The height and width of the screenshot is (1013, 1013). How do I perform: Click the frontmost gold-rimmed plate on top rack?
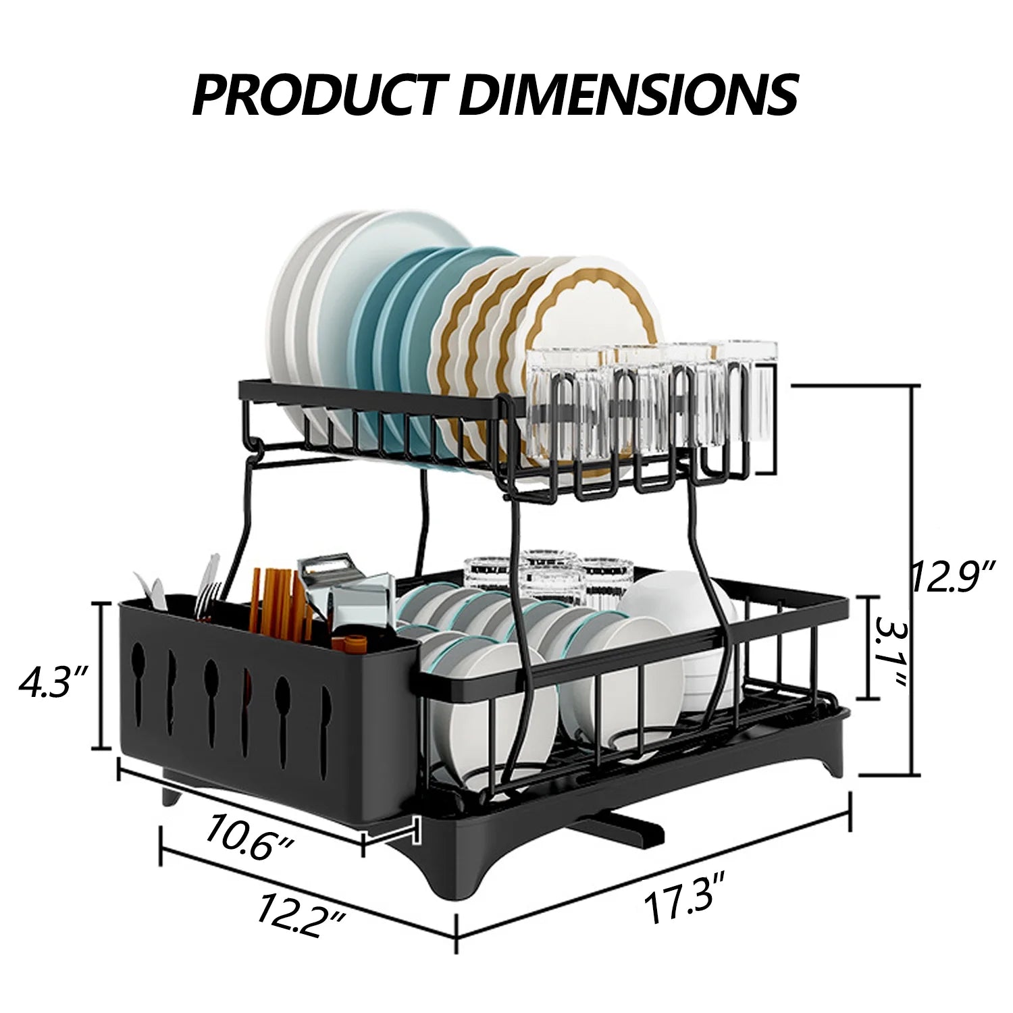[x=594, y=317]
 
